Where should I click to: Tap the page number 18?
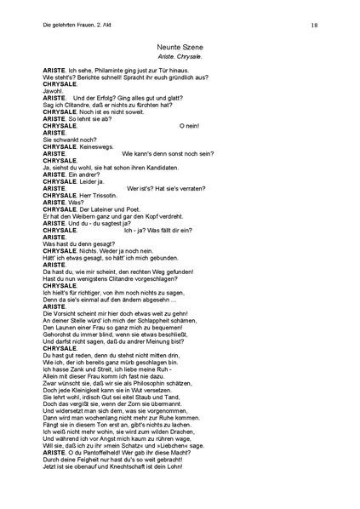pos(314,26)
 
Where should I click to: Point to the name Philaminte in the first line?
pos(104,70)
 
